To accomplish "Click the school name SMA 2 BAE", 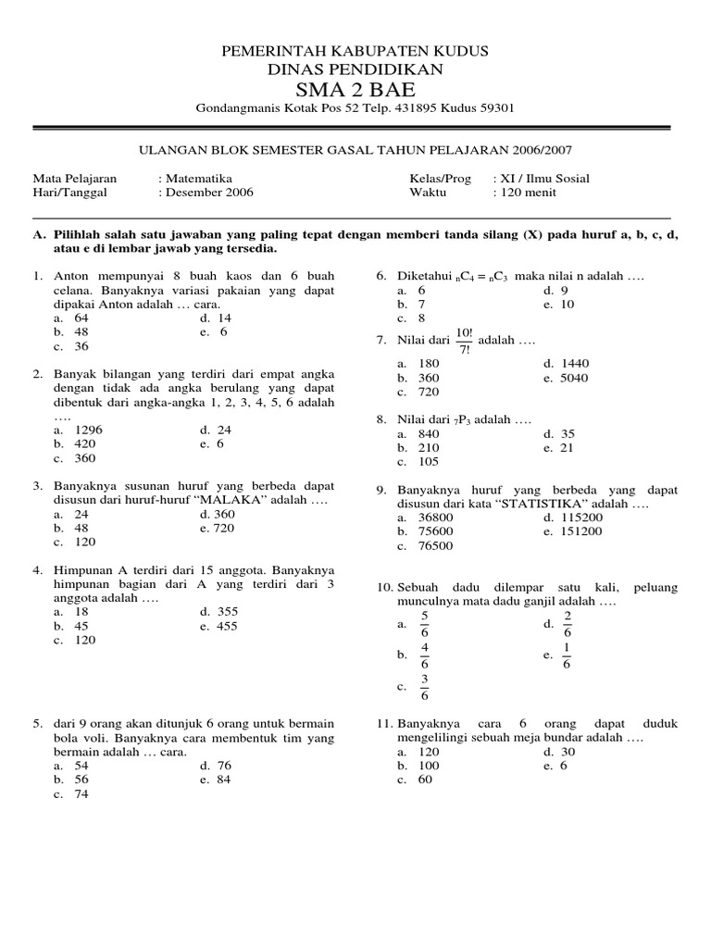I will point(355,89).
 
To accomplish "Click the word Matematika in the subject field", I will point(197,178).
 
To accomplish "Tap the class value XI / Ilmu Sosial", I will point(544,178).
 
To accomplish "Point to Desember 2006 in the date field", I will point(208,193).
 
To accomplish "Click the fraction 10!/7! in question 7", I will point(463,340).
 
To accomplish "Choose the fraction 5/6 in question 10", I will point(425,624).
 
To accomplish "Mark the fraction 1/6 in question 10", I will point(567,655).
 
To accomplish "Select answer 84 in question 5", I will point(223,780).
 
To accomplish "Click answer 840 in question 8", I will point(429,433).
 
